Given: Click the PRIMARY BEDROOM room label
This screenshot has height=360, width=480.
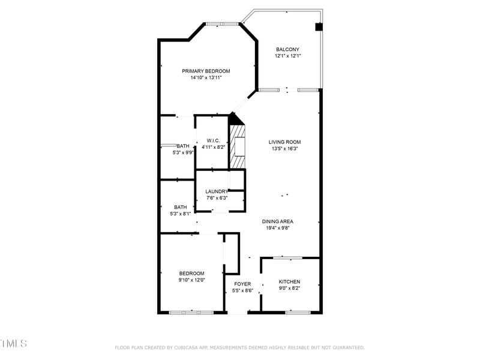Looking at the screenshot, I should point(206,71).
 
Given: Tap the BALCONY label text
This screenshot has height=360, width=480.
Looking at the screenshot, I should point(287,49).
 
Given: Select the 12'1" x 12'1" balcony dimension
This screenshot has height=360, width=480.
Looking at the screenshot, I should point(287,56).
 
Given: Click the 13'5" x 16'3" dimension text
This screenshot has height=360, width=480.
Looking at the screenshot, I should point(284,149).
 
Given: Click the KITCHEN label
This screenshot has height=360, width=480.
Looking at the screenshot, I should point(289,281).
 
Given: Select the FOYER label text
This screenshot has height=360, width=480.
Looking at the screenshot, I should point(242,284).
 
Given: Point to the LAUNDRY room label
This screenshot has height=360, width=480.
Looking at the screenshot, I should point(217,191).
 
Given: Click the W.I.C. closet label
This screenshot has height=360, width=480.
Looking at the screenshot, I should point(213,140).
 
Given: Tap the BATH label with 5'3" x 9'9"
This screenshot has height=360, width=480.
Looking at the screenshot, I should point(182,146).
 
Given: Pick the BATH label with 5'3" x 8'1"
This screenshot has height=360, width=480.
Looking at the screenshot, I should point(181,207).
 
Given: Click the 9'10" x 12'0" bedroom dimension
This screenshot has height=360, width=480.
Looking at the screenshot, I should point(191,280).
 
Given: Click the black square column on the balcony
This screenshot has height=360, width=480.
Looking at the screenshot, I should point(319,26).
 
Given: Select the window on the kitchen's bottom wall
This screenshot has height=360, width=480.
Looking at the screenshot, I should point(298,312).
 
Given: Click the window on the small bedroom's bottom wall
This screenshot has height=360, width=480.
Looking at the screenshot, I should point(191,312).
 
